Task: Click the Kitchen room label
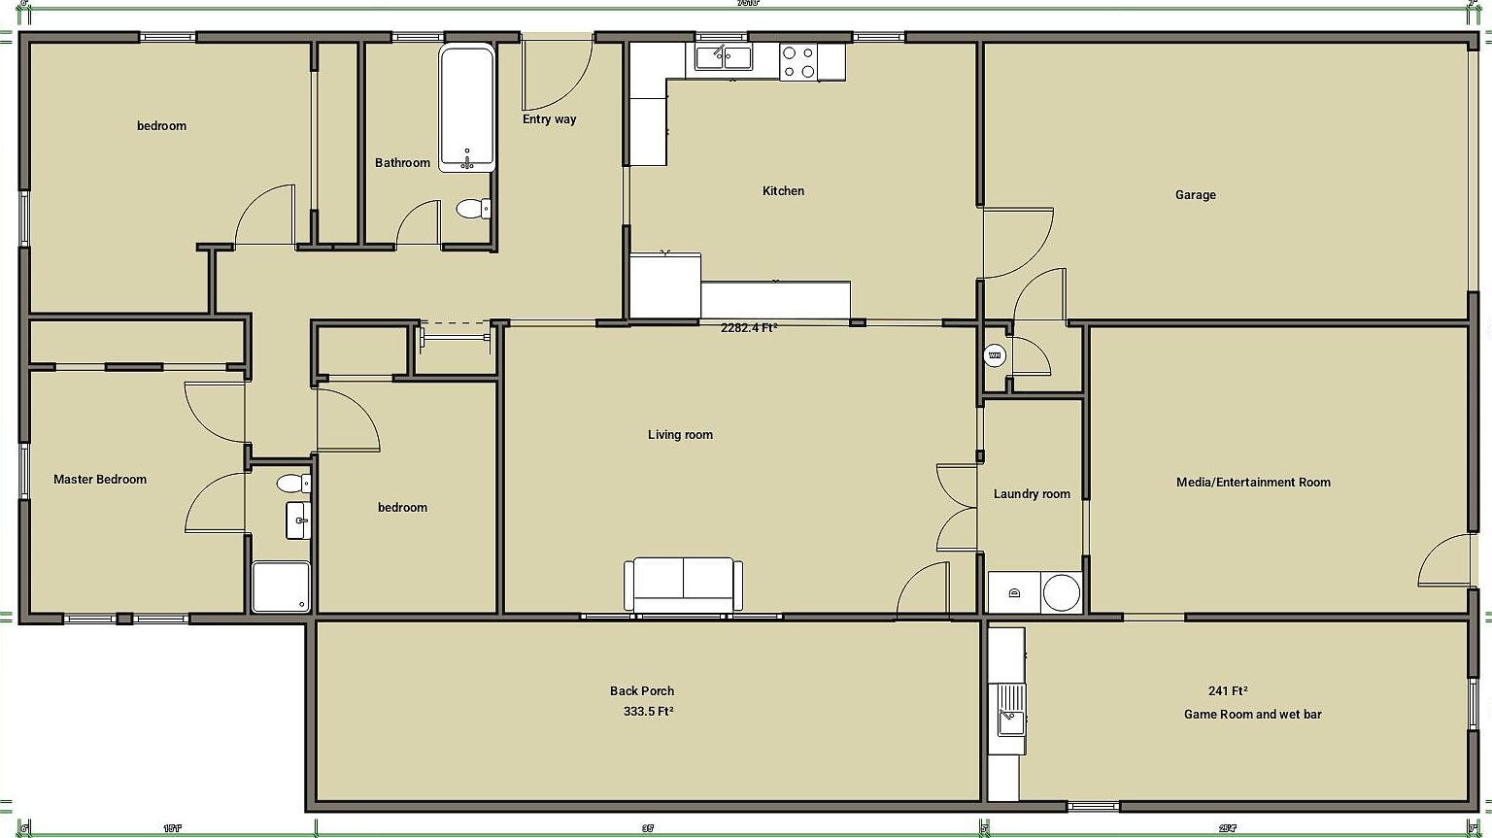[783, 191]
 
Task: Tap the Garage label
[1195, 195]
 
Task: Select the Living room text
[680, 435]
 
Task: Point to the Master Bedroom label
[100, 480]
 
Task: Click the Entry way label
[549, 119]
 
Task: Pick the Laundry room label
[1032, 494]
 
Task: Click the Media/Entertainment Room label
[1253, 483]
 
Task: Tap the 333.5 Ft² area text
[649, 711]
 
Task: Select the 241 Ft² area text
[1228, 691]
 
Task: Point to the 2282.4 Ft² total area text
[748, 328]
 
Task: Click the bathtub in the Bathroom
[467, 108]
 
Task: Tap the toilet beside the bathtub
[473, 209]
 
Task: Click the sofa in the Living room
[683, 585]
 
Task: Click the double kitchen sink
[723, 58]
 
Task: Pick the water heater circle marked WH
[994, 356]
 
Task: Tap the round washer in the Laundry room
[1061, 592]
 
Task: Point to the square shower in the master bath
[281, 587]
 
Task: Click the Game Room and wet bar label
[1252, 715]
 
